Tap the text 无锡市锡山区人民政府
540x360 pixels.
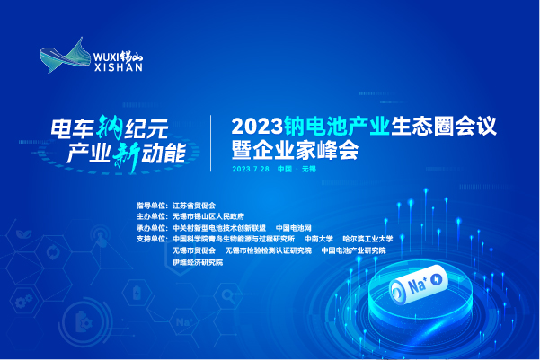[206, 216]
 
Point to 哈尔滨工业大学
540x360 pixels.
[367, 239]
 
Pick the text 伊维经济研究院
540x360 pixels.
[197, 261]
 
